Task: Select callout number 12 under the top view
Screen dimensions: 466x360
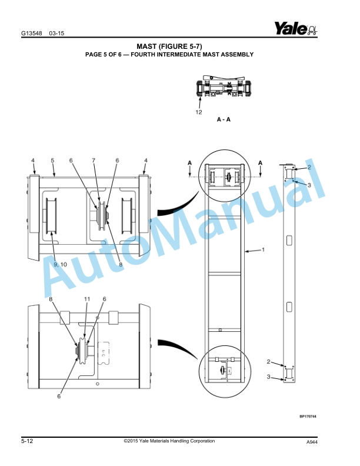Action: [199, 111]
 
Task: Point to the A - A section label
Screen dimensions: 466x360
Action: [224, 119]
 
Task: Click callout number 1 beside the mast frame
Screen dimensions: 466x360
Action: [263, 249]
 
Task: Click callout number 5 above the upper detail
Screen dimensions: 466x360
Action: [52, 160]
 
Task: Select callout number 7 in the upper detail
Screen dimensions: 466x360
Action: [93, 160]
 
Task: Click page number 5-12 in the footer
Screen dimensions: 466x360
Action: [27, 441]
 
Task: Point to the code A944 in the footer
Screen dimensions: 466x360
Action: [312, 442]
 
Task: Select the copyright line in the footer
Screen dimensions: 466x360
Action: [169, 441]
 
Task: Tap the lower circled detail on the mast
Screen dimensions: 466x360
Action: [224, 371]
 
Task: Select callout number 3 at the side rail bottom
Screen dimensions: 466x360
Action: [269, 376]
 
